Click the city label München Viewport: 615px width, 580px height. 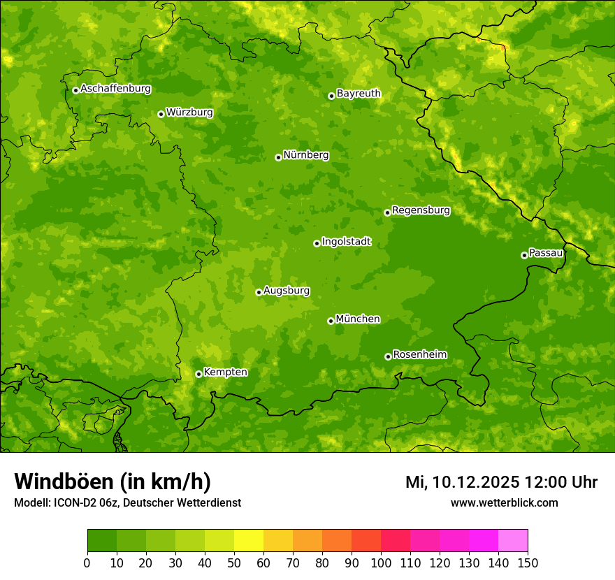tap(358, 319)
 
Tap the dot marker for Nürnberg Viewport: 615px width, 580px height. tap(278, 157)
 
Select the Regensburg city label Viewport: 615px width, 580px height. tap(421, 210)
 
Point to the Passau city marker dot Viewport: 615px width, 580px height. tap(524, 255)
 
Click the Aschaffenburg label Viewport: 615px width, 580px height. tap(115, 89)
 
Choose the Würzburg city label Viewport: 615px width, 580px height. tap(189, 113)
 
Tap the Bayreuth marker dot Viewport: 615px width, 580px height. tap(331, 96)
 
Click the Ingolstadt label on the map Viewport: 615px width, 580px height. tap(346, 242)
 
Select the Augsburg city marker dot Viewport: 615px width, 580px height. tap(259, 292)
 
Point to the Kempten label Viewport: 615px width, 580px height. tap(225, 372)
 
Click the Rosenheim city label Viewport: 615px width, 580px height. tap(419, 355)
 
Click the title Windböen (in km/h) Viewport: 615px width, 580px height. tap(113, 482)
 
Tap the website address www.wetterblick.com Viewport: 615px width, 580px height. tap(504, 502)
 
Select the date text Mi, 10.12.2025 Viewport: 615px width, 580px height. tap(462, 482)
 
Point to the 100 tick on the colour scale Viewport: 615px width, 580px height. tap(381, 563)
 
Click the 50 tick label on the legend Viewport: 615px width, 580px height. tap(234, 563)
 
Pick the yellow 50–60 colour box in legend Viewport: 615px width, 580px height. tap(249, 540)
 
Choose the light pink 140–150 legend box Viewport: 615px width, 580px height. tap(513, 540)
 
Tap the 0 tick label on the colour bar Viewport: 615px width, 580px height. tap(87, 563)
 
